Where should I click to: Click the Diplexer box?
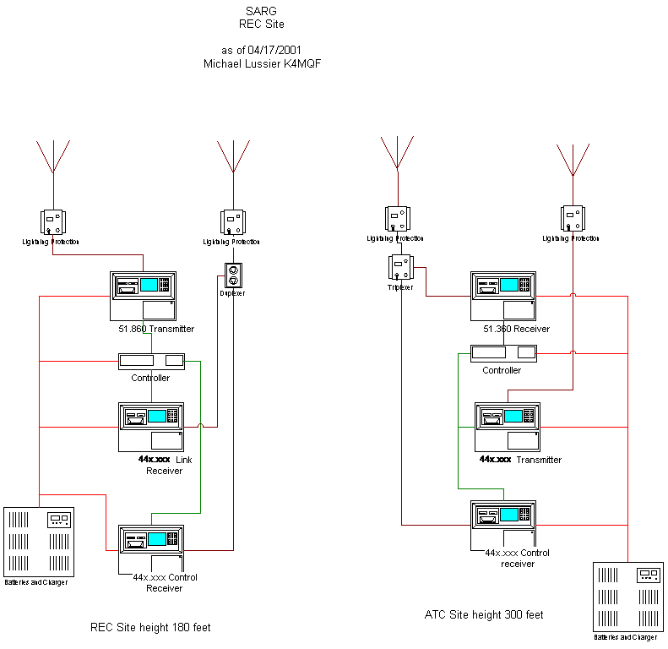(233, 276)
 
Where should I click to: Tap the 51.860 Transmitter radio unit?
(143, 296)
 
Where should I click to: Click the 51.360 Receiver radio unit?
(503, 296)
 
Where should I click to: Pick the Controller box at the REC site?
(152, 361)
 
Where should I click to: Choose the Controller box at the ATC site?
(504, 352)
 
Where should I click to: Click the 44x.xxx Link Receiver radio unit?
(151, 427)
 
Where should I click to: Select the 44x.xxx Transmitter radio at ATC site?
(507, 427)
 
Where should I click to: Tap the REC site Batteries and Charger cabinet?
(39, 540)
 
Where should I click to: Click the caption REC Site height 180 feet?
(150, 627)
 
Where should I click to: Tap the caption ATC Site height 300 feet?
(484, 615)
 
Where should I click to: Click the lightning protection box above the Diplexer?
(233, 222)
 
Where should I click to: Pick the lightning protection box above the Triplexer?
(397, 218)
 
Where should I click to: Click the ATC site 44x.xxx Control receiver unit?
(503, 521)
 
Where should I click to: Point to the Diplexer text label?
(233, 293)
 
